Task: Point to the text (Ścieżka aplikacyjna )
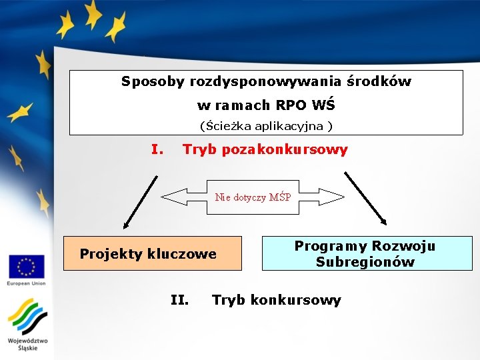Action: pyautogui.click(x=266, y=125)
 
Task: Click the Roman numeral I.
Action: pyautogui.click(x=157, y=149)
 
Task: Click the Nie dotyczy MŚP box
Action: pyautogui.click(x=253, y=197)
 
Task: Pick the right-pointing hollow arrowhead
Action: pyautogui.click(x=332, y=197)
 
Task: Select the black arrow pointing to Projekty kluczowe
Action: pyautogui.click(x=139, y=200)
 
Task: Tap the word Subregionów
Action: pyautogui.click(x=365, y=262)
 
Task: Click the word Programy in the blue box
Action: pyautogui.click(x=330, y=246)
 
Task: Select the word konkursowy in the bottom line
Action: pyautogui.click(x=293, y=300)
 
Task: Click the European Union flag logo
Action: pyautogui.click(x=26, y=266)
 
